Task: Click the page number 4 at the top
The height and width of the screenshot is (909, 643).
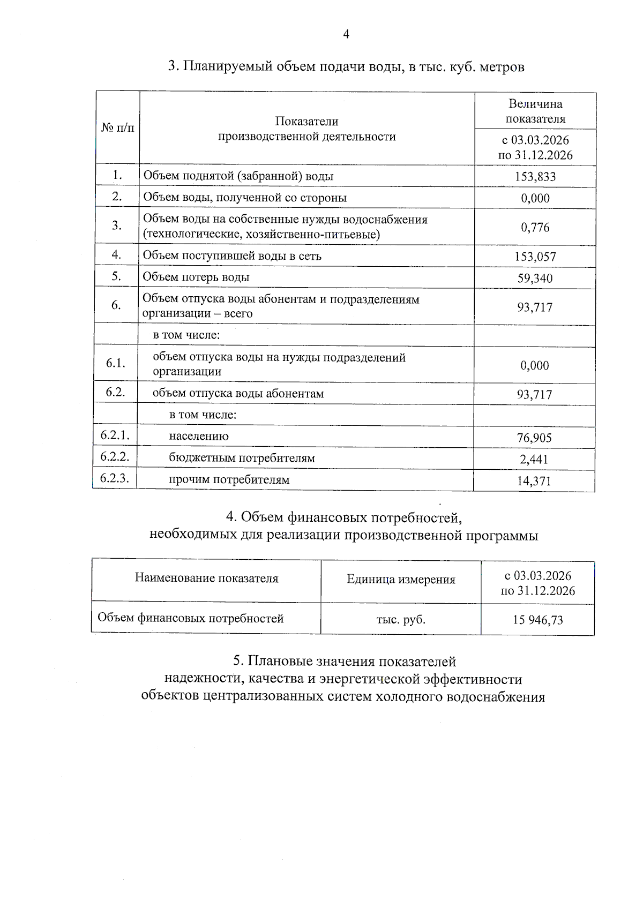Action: [x=346, y=34]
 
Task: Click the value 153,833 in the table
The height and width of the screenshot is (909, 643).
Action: [x=535, y=177]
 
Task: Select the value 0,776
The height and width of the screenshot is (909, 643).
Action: [x=535, y=227]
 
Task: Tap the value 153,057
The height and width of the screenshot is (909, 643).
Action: [x=535, y=257]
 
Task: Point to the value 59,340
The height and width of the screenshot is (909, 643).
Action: [x=535, y=278]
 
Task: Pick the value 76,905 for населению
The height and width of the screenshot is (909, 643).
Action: [x=534, y=438]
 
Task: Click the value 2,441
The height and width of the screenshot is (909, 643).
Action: [x=534, y=459]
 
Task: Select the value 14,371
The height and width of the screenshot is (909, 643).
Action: [x=534, y=481]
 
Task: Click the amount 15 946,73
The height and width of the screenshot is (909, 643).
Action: [x=537, y=620]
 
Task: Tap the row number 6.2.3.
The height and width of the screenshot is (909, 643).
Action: [x=115, y=478]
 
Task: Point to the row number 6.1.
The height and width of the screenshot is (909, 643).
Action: [x=116, y=363]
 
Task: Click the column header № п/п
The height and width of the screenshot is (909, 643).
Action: [x=118, y=128]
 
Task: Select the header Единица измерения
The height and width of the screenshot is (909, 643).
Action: [x=401, y=579]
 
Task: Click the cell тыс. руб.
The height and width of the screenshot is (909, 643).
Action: [x=401, y=619]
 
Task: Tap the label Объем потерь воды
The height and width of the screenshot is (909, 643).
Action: [x=196, y=277]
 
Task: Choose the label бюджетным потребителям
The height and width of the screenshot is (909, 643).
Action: [x=242, y=458]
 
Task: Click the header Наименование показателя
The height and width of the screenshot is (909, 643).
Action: [x=206, y=578]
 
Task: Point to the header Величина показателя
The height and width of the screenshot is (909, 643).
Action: [x=535, y=111]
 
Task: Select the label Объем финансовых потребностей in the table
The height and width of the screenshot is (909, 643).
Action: [x=190, y=618]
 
